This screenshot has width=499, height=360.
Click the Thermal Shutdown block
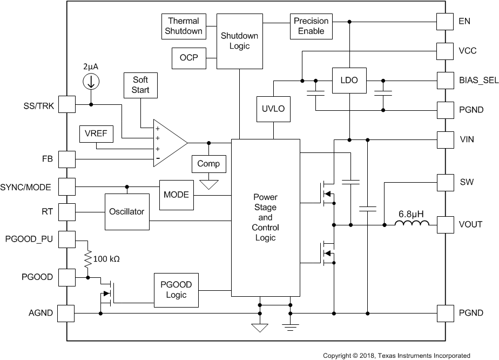coord(184,26)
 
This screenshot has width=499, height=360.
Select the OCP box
coord(188,58)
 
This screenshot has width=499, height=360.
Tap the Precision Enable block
coord(311,26)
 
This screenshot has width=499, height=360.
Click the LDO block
coord(349,79)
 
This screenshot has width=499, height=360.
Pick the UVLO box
coord(273,108)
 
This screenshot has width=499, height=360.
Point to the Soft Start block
coord(140,85)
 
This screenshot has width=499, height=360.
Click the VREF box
coord(96,135)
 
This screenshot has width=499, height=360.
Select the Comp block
coord(208,164)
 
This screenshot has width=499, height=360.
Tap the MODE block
coord(176,194)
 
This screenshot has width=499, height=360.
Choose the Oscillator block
coord(127,211)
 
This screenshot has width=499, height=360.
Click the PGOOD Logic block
coord(176,290)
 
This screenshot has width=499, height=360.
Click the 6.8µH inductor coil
coord(413,224)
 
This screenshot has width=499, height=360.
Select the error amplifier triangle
coord(169,143)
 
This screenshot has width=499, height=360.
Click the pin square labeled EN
coord(444,22)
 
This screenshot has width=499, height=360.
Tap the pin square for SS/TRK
coord(66,104)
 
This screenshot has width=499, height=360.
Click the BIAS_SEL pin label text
coord(475,80)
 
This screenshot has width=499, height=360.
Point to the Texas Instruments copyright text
coord(396,355)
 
